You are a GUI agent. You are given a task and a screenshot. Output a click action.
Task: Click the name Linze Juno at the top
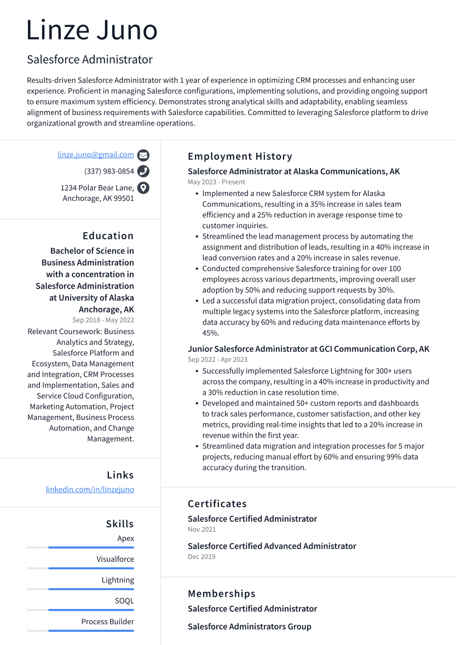[92, 30]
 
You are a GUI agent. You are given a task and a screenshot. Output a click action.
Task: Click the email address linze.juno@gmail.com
[96, 155]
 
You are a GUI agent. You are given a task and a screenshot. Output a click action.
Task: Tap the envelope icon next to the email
[143, 155]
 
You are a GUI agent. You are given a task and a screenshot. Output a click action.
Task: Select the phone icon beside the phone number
[143, 171]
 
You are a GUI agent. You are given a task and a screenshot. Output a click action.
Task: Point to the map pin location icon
[143, 188]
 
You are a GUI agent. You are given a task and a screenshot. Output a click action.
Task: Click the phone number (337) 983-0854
[109, 171]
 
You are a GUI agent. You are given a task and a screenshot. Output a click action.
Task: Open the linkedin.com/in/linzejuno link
[90, 489]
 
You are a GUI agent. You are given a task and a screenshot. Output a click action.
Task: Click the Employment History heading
[240, 157]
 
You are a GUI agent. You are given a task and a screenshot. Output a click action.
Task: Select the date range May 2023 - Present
[216, 182]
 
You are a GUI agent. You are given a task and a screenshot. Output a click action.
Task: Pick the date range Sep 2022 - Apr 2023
[217, 360]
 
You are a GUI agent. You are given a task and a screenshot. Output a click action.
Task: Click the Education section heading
[108, 236]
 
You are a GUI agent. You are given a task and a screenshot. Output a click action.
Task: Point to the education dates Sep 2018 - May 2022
[103, 320]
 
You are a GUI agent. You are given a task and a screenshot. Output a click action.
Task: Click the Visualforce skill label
[115, 559]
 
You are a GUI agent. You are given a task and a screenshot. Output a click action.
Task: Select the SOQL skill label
[124, 601]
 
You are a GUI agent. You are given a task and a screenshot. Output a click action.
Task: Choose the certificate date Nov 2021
[201, 529]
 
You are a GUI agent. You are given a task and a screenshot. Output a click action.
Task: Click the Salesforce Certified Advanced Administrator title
[272, 546]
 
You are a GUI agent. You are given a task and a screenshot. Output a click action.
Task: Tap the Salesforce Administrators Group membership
[249, 626]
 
